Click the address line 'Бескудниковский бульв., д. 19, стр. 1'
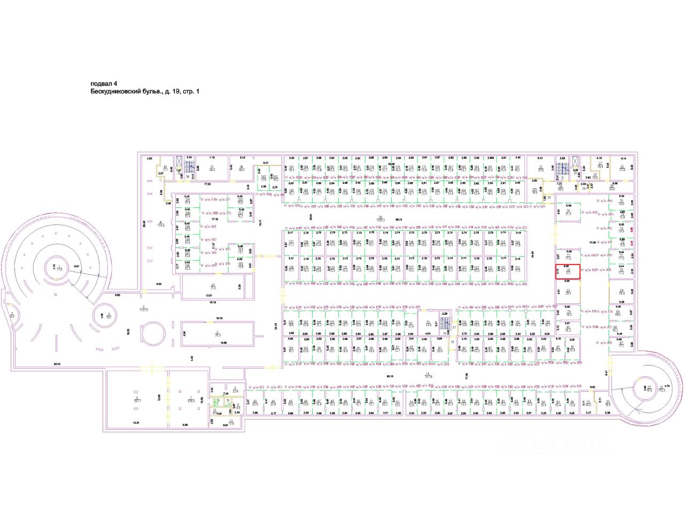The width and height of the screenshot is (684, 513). point(145,92)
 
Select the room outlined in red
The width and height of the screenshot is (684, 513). point(568,271)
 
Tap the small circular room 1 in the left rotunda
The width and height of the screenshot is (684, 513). point(53,267)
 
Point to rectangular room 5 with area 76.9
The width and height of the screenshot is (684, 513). point(218,335)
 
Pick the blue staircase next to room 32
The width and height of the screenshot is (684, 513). point(574,162)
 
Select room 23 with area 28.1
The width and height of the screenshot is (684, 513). point(568,292)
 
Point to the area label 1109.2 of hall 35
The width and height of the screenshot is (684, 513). point(381,219)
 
